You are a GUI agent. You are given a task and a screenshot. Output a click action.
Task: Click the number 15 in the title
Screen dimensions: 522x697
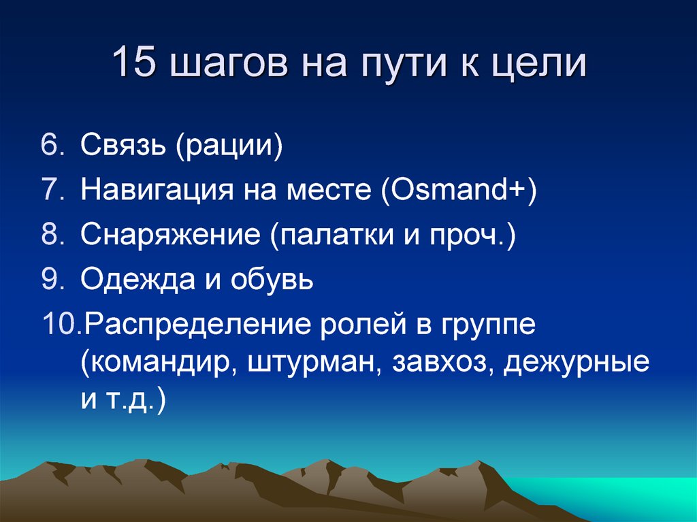pos(135,64)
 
